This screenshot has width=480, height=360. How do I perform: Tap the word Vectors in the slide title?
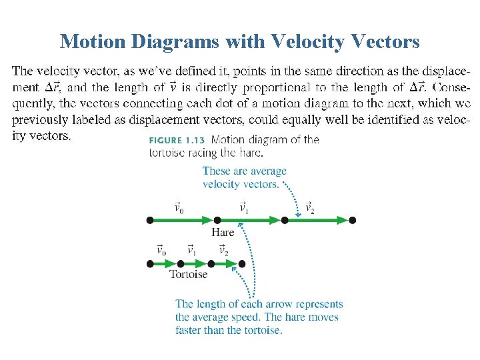(381, 42)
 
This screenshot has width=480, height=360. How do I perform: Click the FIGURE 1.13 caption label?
(177, 140)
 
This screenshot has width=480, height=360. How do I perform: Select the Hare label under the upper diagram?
(223, 232)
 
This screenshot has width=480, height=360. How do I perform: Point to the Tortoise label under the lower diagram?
(188, 274)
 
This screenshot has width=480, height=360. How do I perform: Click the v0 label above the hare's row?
(179, 208)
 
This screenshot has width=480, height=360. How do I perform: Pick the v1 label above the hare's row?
(244, 208)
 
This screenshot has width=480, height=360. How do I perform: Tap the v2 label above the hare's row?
(310, 208)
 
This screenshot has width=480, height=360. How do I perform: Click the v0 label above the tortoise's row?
(161, 251)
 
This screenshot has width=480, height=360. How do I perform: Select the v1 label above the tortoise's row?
(192, 251)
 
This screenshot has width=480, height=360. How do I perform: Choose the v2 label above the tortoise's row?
(223, 251)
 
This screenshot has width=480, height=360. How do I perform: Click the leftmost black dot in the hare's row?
(150, 220)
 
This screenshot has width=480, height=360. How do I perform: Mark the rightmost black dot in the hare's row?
(353, 220)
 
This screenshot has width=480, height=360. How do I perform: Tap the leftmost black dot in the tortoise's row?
(150, 264)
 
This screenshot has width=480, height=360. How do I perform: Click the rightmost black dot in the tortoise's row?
(242, 264)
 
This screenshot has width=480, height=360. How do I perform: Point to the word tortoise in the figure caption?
(168, 153)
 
